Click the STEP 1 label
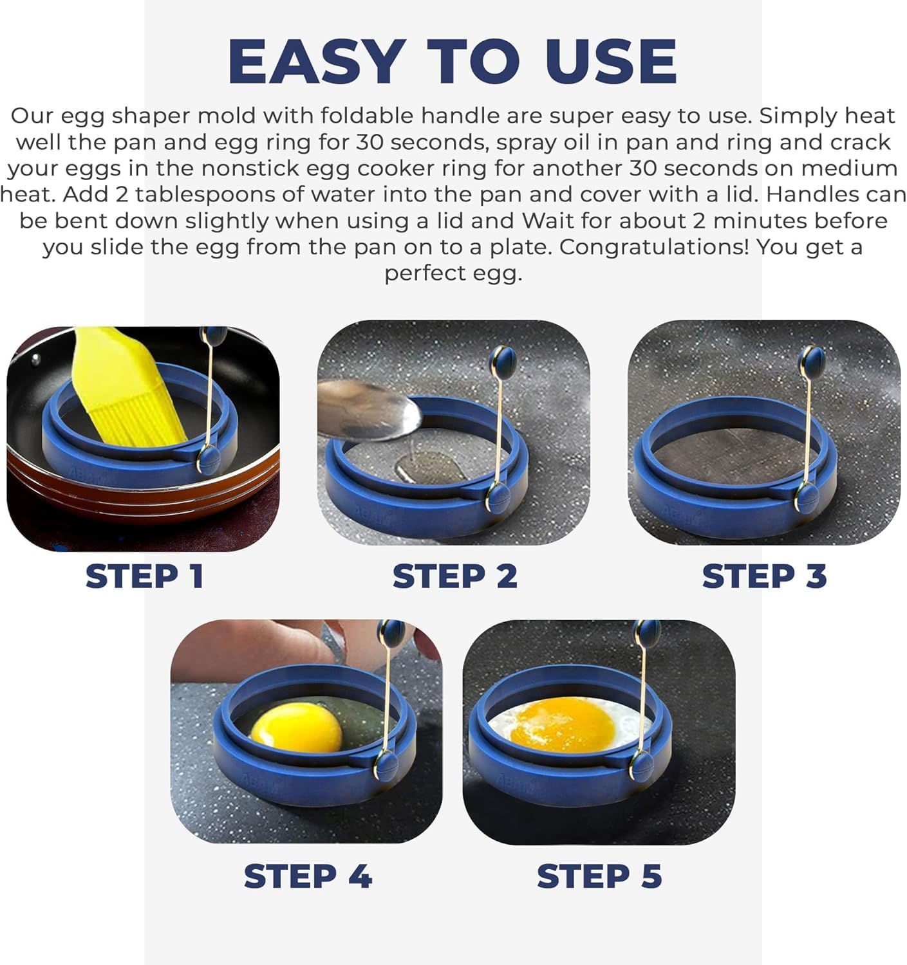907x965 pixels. (145, 576)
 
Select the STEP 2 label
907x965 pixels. (454, 576)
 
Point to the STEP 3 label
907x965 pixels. (764, 576)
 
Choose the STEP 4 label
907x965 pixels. (308, 876)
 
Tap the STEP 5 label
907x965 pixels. (599, 876)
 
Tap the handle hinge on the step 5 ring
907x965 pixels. (641, 766)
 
